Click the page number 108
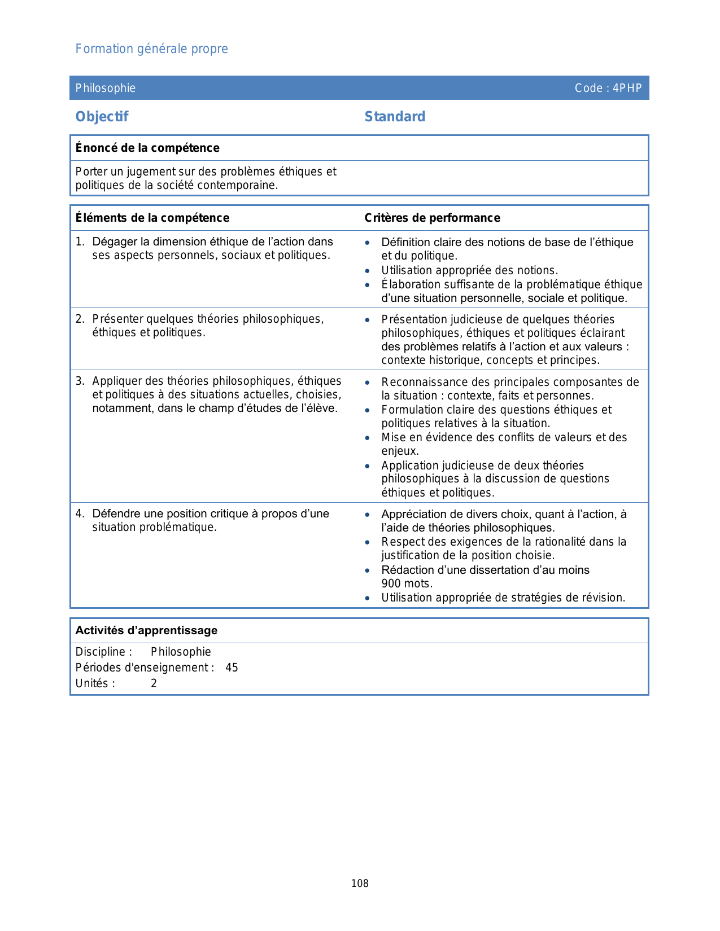coord(360,884)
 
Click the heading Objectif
coord(102,117)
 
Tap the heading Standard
coord(395,117)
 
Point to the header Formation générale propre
coord(152,49)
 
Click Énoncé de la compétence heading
coord(147,148)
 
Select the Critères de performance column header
coord(432,218)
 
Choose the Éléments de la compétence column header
coord(152,218)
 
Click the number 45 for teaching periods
coord(232,667)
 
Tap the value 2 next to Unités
coord(154,683)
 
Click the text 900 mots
coord(407,583)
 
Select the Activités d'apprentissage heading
coord(146,630)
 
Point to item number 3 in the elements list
coord(80,381)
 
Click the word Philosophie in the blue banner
coord(106,88)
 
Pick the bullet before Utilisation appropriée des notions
coord(368,271)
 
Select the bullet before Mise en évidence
coord(368,438)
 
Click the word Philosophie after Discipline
coord(181,652)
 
